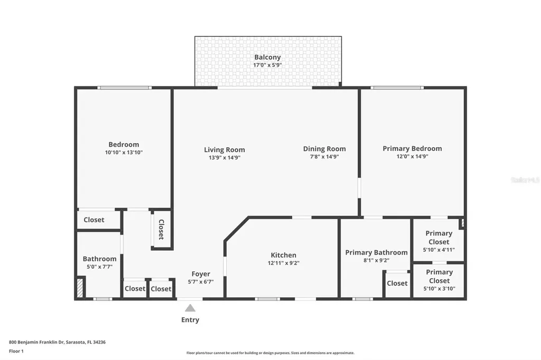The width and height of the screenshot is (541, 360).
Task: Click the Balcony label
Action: click(x=267, y=57)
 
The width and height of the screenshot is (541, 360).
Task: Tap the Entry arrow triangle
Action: click(x=190, y=308)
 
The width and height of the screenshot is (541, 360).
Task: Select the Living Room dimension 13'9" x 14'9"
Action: click(x=225, y=157)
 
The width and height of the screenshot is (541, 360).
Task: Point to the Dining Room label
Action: click(x=324, y=149)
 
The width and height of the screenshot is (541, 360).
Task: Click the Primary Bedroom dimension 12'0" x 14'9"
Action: click(x=412, y=156)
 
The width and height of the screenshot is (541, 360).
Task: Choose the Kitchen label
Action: click(x=284, y=255)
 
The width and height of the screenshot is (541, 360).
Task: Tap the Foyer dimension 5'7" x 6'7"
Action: click(x=201, y=282)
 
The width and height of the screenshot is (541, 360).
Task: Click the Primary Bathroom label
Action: click(x=376, y=252)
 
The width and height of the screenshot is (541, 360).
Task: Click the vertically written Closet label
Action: click(x=161, y=230)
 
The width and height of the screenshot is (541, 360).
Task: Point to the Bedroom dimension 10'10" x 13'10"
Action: click(x=124, y=152)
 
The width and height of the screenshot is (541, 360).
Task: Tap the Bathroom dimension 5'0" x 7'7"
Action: click(x=99, y=267)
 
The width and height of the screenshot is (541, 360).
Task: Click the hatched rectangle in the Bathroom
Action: click(x=80, y=288)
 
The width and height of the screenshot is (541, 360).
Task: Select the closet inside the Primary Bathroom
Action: click(x=397, y=283)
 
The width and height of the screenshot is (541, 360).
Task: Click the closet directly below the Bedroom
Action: click(x=94, y=220)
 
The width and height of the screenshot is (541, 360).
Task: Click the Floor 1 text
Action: click(x=16, y=351)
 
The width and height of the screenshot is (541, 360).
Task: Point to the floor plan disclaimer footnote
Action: click(x=270, y=353)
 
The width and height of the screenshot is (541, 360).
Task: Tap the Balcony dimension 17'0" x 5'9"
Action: click(x=267, y=65)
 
